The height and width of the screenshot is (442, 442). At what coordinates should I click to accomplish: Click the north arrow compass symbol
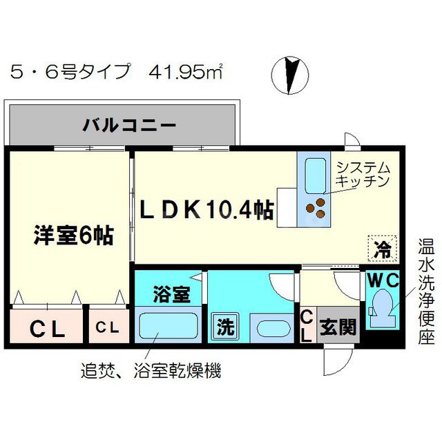pos(290,75)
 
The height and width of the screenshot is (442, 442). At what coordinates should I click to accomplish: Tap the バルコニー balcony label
pos(130,125)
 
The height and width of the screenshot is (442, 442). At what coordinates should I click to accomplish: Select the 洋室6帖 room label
pos(74,236)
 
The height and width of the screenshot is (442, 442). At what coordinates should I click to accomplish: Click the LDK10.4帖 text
pos(207,210)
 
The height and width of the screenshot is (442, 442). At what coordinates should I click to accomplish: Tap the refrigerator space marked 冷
pos(383,249)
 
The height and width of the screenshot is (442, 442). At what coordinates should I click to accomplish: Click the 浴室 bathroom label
pos(172,294)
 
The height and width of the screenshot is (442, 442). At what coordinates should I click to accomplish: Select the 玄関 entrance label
pos(338,327)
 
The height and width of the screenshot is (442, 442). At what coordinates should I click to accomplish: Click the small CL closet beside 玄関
pos(308,325)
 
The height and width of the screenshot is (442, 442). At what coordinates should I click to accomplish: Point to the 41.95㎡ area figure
pos(186,72)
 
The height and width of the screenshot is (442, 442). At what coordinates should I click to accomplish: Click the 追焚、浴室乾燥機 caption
pos(151,370)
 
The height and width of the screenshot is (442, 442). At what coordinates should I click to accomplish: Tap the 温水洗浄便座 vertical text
pos(426,291)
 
